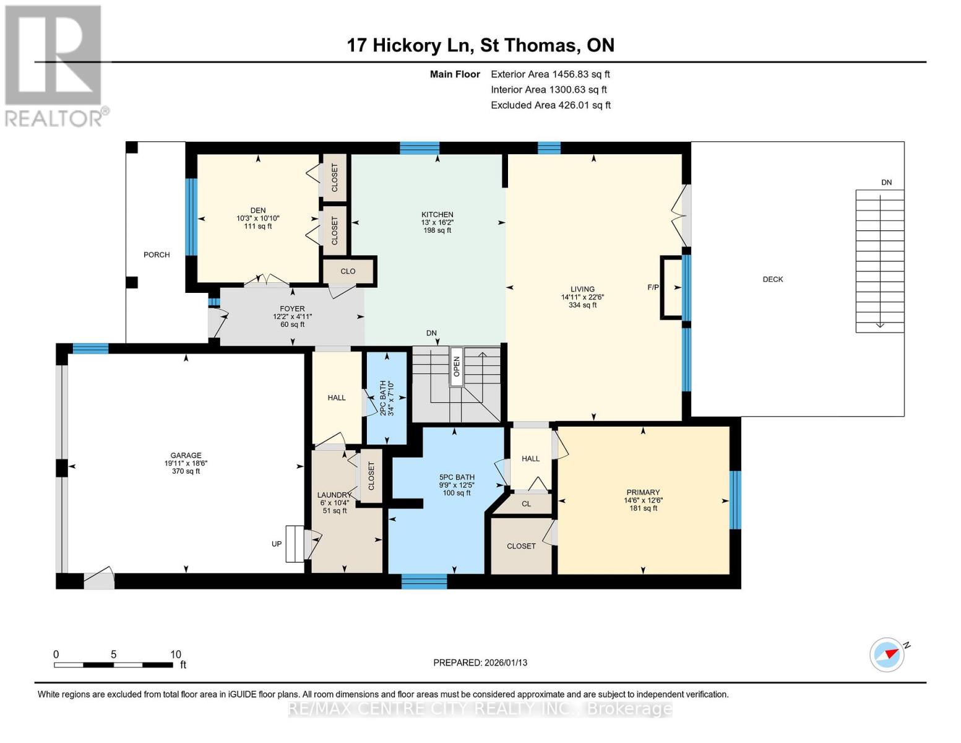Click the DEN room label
click(x=258, y=211)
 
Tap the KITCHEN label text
click(x=437, y=214)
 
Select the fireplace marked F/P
click(x=671, y=287)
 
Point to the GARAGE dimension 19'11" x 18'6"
click(x=186, y=463)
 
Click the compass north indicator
click(x=887, y=654)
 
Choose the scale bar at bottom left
click(x=113, y=665)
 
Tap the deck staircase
click(x=879, y=261)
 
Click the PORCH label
click(x=157, y=254)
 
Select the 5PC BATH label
click(x=457, y=477)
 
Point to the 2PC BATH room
click(x=387, y=398)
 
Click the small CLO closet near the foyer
click(x=348, y=271)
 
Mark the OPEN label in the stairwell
click(x=457, y=367)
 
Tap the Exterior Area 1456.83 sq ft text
click(x=550, y=74)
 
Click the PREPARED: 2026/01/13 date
click(x=480, y=663)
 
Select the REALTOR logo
click(x=54, y=65)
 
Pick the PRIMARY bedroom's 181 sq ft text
click(x=643, y=508)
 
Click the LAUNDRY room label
click(x=334, y=495)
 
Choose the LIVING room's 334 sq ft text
click(x=582, y=305)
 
